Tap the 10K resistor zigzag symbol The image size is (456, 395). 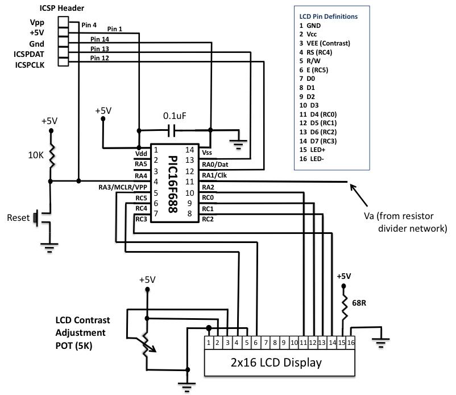(52, 156)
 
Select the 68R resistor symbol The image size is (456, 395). (345, 307)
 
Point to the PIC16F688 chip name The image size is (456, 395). (173, 184)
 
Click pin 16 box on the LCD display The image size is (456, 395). (351, 343)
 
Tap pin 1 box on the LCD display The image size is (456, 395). (209, 343)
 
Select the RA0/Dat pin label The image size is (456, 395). (215, 164)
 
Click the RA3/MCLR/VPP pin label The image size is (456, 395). (123, 187)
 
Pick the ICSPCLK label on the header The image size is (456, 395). (30, 65)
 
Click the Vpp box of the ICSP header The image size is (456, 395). (63, 22)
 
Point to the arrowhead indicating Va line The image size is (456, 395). (353, 187)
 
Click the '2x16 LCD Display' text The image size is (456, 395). (276, 363)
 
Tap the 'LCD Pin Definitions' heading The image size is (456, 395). (328, 17)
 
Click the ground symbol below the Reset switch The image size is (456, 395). (49, 248)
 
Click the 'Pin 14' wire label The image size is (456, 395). (100, 39)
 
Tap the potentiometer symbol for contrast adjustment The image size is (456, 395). (146, 345)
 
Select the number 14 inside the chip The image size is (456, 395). (189, 150)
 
